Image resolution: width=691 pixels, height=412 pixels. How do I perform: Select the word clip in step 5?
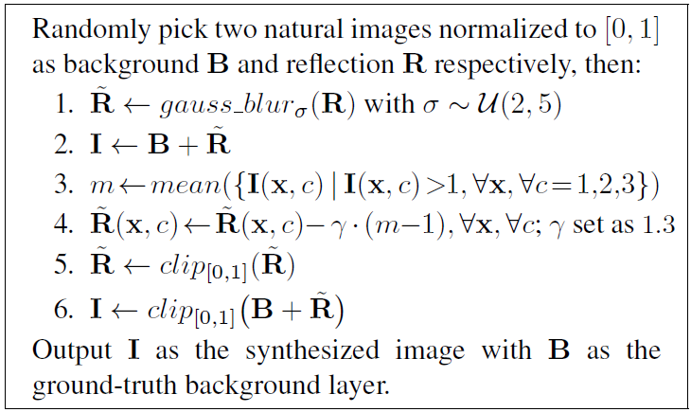[175, 265]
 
